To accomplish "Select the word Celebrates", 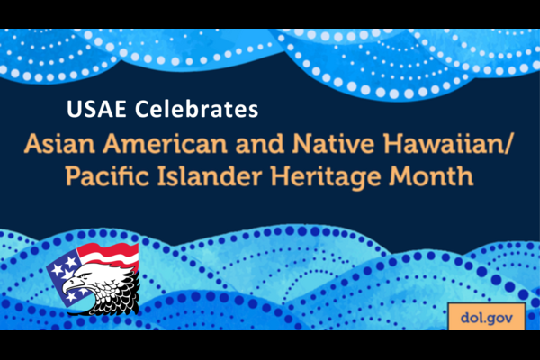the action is [x=196, y=109].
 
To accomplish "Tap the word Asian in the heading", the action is [x=59, y=144].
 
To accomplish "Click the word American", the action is [x=166, y=144].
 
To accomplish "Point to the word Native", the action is [x=333, y=144].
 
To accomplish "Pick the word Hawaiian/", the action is [x=448, y=144].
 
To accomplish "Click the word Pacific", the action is [x=107, y=176].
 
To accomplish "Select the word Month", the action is [x=431, y=176].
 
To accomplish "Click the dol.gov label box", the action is [x=487, y=317].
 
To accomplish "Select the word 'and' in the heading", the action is [x=260, y=144].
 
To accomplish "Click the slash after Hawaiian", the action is [x=508, y=144].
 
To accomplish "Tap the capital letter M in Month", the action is [x=400, y=176].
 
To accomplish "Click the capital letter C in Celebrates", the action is [x=141, y=109].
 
